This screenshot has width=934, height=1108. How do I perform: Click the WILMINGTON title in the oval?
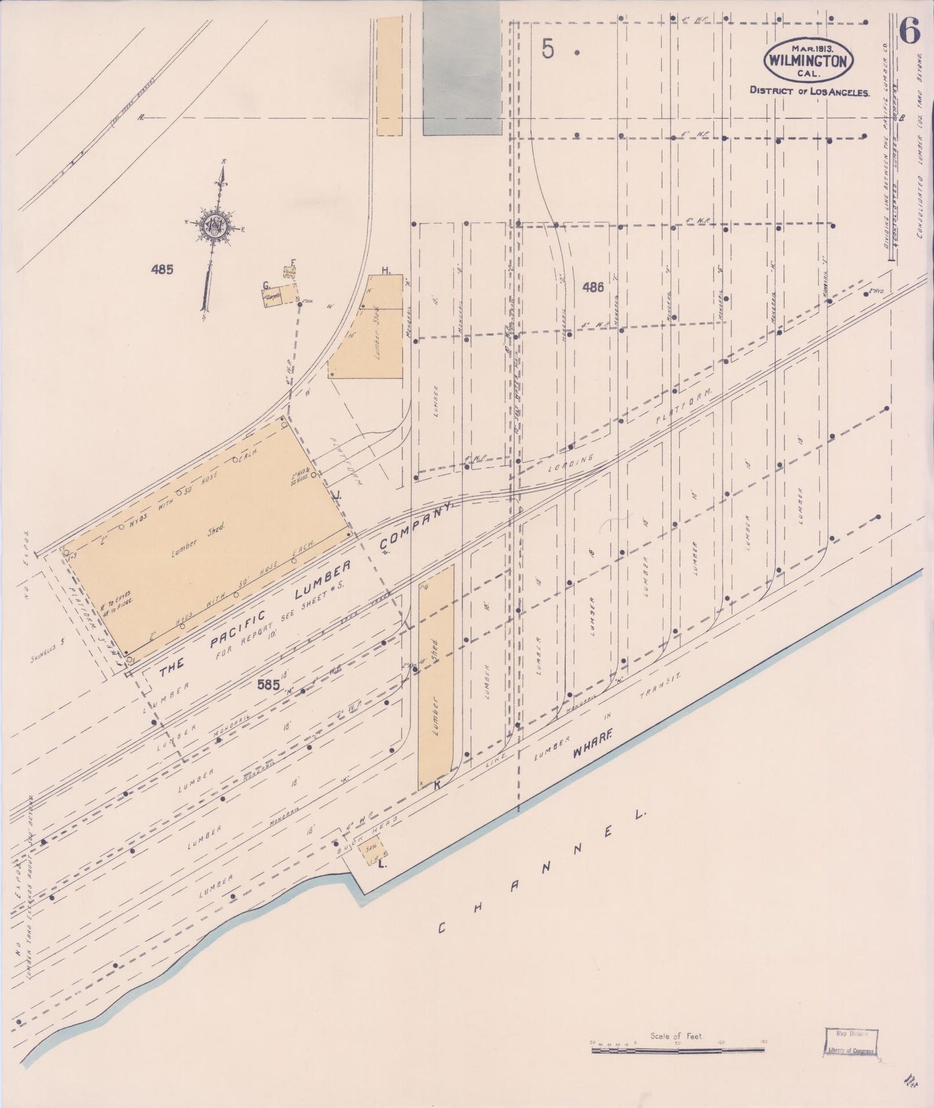pos(809,61)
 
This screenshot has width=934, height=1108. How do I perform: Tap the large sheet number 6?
pos(909,31)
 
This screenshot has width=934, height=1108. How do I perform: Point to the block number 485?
pos(162,270)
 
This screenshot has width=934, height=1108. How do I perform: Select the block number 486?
pos(592,287)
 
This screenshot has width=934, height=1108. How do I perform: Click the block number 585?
pos(268,685)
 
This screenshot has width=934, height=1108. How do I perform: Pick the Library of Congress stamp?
pos(850,1041)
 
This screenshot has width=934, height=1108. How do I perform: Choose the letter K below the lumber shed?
pos(436,784)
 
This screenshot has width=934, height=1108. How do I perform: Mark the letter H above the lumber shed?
pos(386,270)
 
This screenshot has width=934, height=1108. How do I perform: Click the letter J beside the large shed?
pos(337,495)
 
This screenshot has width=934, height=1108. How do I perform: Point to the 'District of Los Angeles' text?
pos(809,91)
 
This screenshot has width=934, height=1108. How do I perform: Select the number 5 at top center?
pos(548,49)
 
